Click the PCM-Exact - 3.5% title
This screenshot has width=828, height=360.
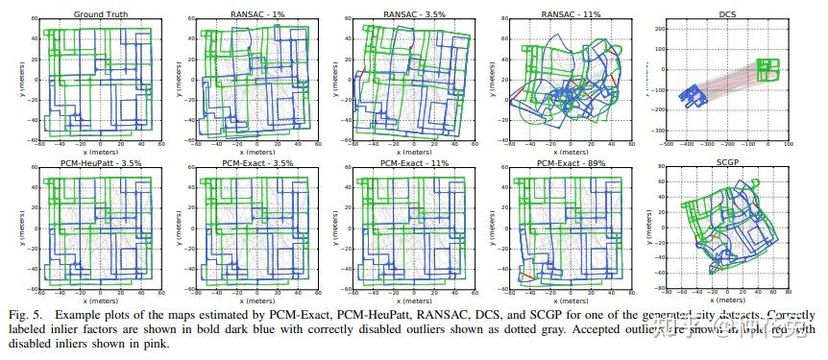tap(245, 162)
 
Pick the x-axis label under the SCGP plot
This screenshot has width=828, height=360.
tap(727, 300)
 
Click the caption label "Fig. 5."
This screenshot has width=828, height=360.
tap(28, 315)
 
